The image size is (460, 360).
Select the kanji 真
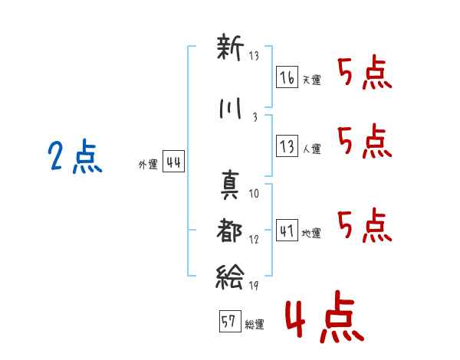[x=229, y=185]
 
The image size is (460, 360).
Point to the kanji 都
[x=229, y=229]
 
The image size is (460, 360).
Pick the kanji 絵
[x=229, y=274]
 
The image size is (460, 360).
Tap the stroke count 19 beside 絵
[x=255, y=286]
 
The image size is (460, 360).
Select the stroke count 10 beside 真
[x=254, y=194]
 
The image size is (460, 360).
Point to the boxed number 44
[x=173, y=162]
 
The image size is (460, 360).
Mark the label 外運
[x=148, y=164]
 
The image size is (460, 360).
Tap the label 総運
[x=254, y=325]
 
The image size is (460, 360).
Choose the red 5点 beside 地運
[x=364, y=224]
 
